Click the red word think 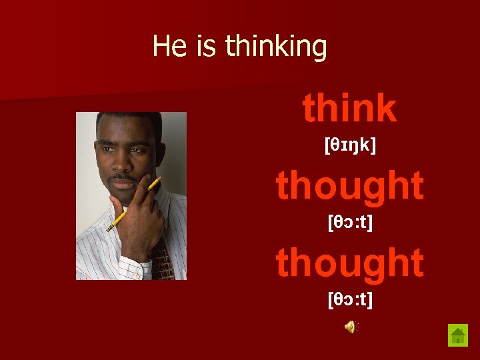pyautogui.click(x=349, y=108)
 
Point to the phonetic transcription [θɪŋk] pyautogui.click(x=350, y=144)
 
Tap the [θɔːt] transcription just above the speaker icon pyautogui.click(x=350, y=299)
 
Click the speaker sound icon pyautogui.click(x=351, y=326)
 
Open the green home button pyautogui.click(x=458, y=334)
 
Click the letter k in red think pyautogui.click(x=385, y=108)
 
